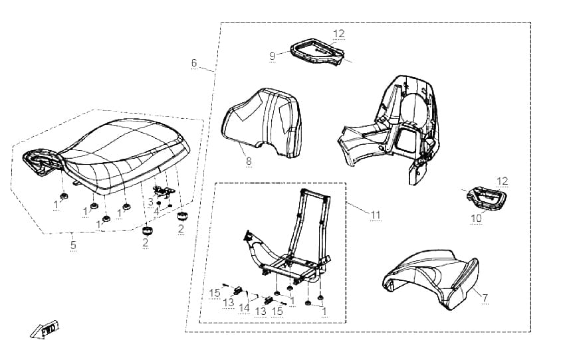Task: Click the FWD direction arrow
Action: (x=45, y=329)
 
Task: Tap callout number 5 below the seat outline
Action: (x=74, y=245)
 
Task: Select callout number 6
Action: (x=194, y=63)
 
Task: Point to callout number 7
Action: (x=485, y=298)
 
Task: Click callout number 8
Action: (x=249, y=161)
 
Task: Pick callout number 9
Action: (x=273, y=56)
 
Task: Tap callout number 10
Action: (x=476, y=219)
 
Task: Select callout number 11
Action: (x=376, y=215)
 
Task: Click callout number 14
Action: (x=244, y=308)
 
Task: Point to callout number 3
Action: (x=151, y=202)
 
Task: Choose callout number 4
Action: (x=156, y=211)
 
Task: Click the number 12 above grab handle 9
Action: (x=339, y=33)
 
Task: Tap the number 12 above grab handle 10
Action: (x=503, y=181)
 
